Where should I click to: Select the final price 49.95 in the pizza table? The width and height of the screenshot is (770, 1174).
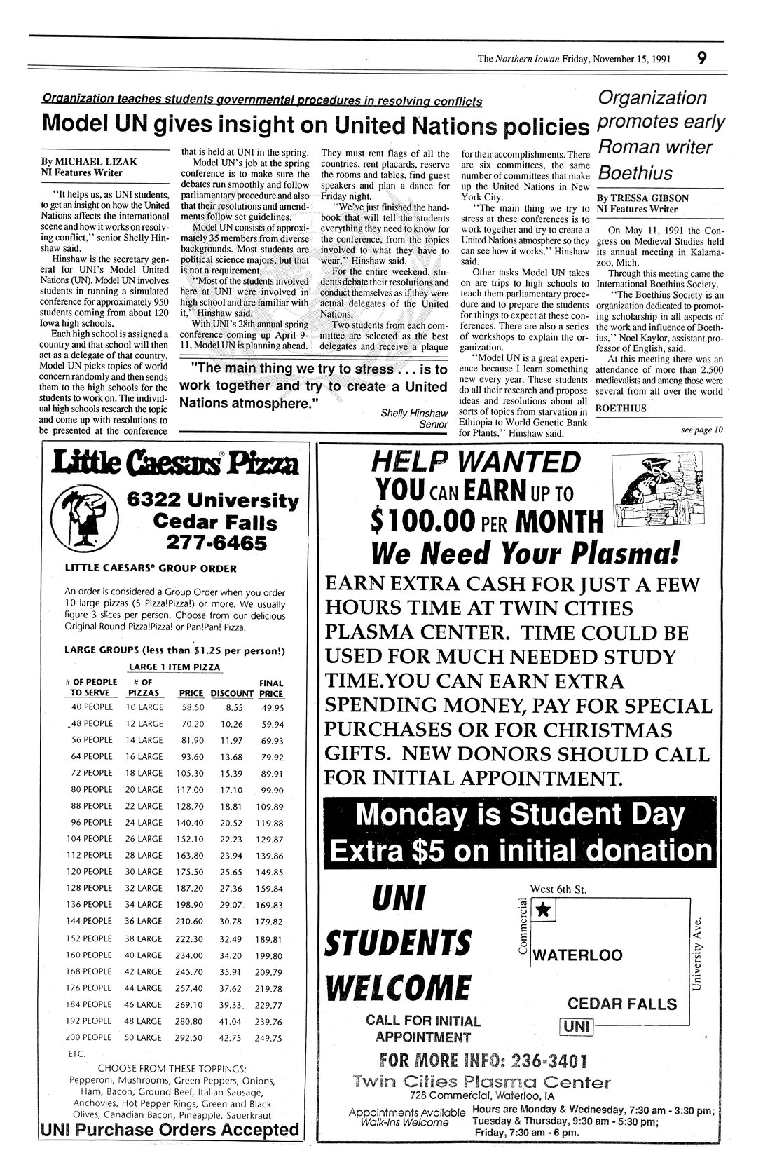(x=270, y=708)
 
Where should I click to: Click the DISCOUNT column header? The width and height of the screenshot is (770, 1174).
(x=232, y=693)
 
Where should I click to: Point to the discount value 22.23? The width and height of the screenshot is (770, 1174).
(x=231, y=839)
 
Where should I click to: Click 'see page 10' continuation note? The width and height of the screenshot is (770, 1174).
(x=701, y=430)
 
